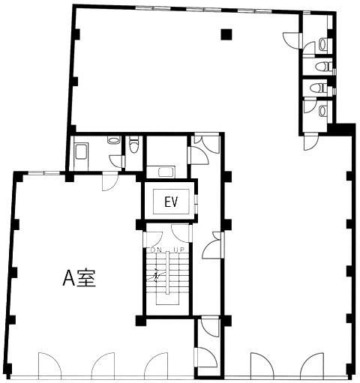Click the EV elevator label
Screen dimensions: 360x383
[171, 202]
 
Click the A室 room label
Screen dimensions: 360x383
[79, 278]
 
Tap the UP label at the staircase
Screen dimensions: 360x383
[179, 250]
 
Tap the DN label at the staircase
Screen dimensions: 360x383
[156, 250]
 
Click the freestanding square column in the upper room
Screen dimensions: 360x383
[226, 34]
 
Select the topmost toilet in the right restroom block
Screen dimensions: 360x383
[322, 43]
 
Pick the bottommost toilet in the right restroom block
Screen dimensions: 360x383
[322, 111]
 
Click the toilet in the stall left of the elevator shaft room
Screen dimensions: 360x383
[133, 144]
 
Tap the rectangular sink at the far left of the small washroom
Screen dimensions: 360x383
[81, 151]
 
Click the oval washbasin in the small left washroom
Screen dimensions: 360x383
[111, 139]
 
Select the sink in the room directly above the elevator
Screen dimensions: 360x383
[164, 172]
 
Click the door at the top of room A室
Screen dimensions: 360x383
[110, 181]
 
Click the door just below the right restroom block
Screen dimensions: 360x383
[310, 142]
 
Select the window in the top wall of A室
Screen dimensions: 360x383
[43, 173]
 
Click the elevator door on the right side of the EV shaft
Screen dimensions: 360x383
[196, 204]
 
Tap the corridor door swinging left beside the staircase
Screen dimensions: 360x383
[212, 245]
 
